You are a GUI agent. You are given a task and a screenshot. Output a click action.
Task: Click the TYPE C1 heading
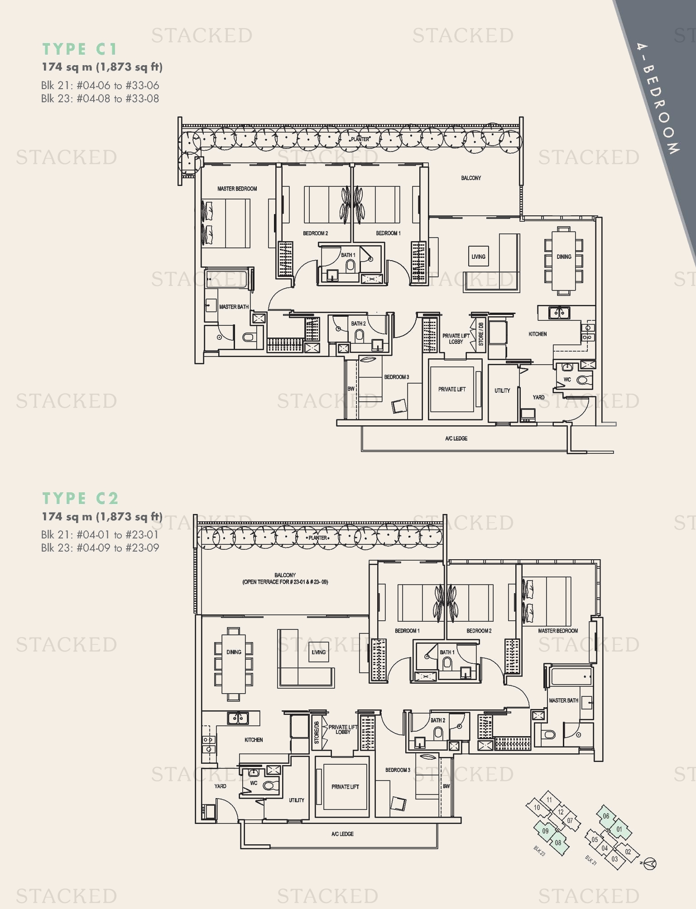(80, 49)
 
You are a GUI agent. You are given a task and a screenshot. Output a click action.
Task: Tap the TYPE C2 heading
(81, 498)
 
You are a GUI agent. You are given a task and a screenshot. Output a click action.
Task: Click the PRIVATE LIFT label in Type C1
(451, 389)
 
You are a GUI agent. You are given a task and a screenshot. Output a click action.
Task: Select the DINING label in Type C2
(234, 652)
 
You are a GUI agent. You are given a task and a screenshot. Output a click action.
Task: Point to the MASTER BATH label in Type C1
(234, 307)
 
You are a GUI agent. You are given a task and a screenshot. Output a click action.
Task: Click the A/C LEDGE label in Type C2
(342, 834)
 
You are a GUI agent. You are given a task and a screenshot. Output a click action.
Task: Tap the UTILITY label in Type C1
(502, 390)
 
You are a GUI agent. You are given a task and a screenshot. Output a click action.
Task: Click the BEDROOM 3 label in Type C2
(398, 770)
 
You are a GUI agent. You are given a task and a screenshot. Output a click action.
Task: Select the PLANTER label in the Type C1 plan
(360, 139)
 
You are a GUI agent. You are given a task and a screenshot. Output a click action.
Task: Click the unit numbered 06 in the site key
(606, 816)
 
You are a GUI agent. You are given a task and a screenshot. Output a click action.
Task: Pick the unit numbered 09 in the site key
(545, 831)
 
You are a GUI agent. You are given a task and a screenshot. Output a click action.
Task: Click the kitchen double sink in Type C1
(559, 312)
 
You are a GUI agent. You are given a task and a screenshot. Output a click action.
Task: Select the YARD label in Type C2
(220, 786)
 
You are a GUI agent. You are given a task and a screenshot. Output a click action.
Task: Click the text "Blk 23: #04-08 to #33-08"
(100, 99)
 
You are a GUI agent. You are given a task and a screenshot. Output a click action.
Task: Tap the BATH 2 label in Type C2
(437, 720)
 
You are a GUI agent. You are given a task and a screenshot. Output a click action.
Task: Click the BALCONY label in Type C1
(471, 178)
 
